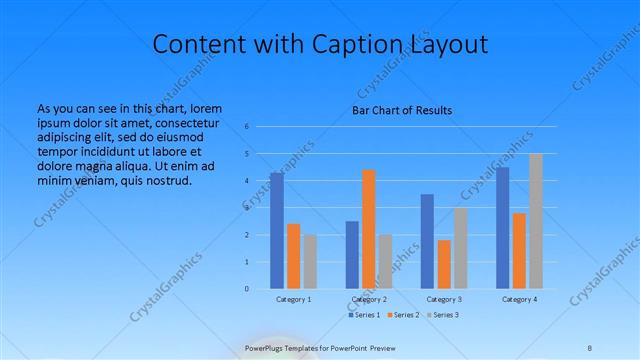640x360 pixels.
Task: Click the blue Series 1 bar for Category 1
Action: [x=277, y=231]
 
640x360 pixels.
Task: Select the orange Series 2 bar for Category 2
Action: [x=368, y=229]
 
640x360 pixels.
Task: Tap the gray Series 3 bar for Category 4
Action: [x=535, y=221]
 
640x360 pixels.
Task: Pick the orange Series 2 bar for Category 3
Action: [x=444, y=264]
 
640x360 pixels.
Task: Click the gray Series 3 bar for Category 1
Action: [x=309, y=262]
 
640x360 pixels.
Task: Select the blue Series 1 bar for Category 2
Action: [x=352, y=255]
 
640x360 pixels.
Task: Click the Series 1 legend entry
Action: [x=363, y=315]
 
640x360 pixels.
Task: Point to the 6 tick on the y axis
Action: [x=247, y=127]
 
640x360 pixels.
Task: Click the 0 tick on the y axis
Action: [x=247, y=289]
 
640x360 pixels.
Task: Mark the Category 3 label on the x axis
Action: [x=444, y=300]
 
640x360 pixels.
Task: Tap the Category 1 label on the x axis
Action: [x=293, y=300]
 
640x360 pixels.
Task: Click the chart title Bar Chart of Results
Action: [x=402, y=109]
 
